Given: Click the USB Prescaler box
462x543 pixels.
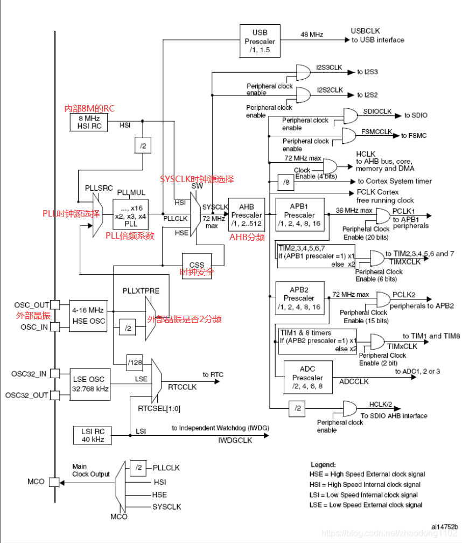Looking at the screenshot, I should tap(260, 41).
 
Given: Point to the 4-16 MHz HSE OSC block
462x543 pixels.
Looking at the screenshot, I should tap(88, 315).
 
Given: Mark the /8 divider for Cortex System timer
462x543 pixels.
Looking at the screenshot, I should tap(285, 182).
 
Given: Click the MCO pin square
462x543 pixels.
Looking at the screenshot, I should tap(54, 482).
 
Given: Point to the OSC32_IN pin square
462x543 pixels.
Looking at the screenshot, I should tap(54, 374).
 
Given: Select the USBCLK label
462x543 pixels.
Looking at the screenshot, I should tap(366, 31).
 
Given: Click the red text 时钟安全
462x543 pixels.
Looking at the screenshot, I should tap(197, 273).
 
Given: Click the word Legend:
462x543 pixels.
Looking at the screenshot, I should tap(323, 464).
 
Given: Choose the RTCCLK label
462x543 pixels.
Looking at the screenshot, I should tap(183, 386).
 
